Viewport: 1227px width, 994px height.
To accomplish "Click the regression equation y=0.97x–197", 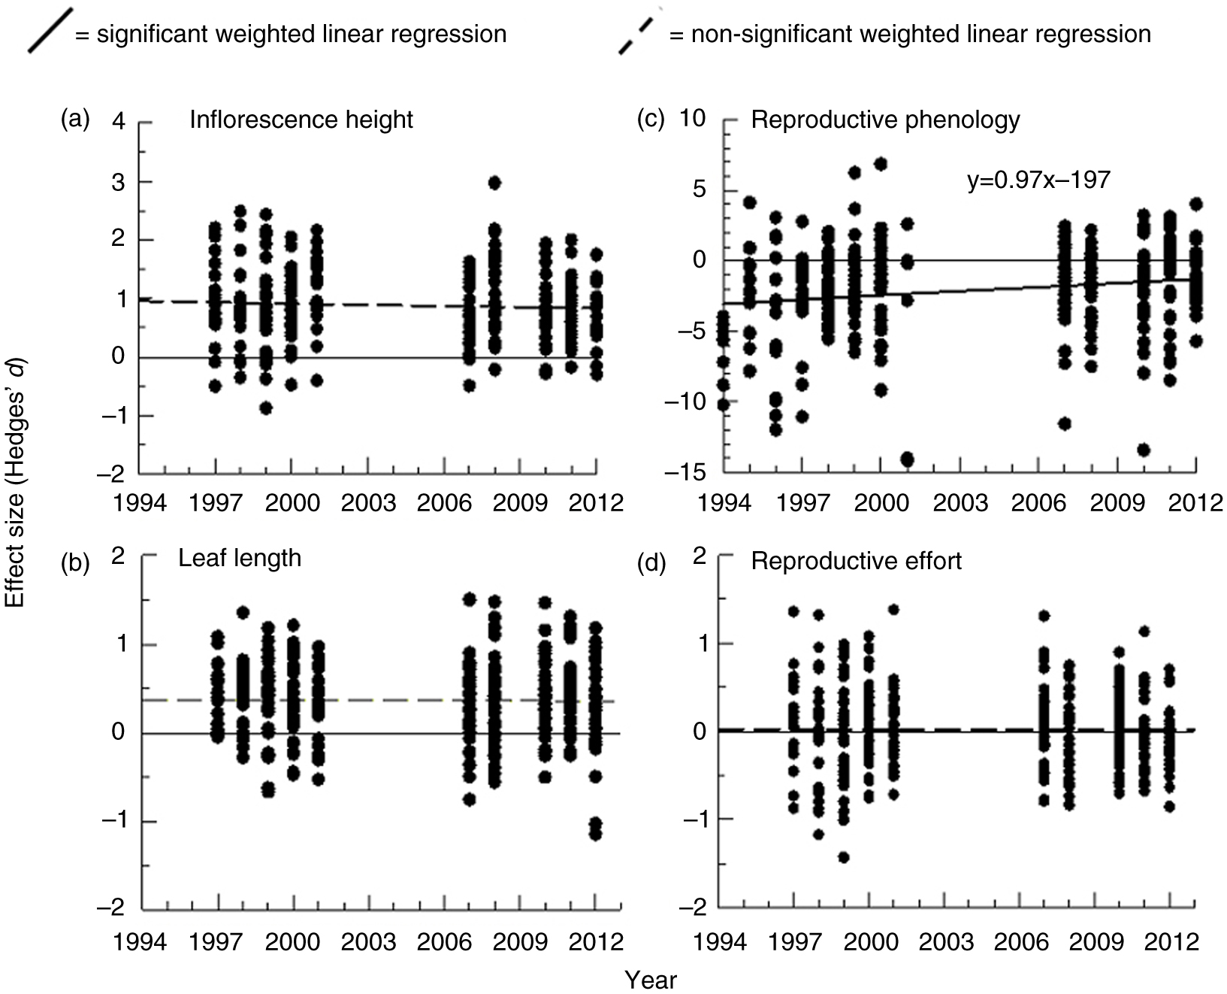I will point(1038,180).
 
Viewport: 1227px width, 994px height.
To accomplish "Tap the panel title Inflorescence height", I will point(301,120).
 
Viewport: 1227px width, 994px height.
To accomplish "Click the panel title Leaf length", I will point(240,558).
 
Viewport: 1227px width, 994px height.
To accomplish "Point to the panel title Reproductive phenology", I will point(885,120).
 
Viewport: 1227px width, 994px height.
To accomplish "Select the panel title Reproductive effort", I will point(856,561).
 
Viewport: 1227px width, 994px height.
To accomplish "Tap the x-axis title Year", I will point(651,980).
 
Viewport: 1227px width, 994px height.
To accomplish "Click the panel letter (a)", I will point(75,119).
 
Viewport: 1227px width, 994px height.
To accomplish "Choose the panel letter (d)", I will point(651,562).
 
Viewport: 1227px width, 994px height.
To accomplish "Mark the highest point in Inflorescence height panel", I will point(494,183).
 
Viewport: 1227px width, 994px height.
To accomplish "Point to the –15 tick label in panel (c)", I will point(687,472).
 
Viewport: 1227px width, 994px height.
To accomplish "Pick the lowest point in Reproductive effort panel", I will point(844,857).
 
